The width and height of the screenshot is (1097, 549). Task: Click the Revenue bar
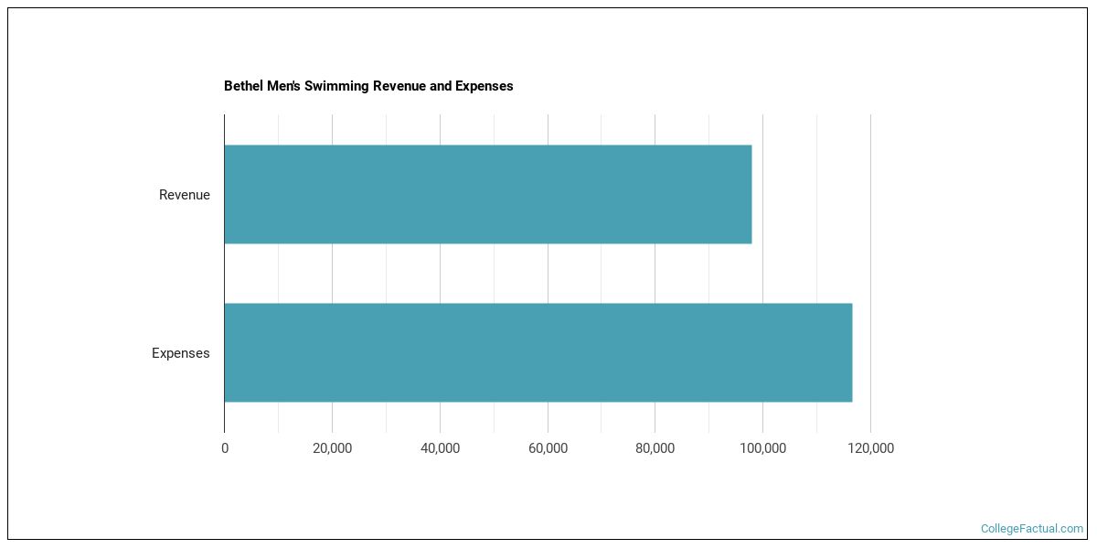click(487, 194)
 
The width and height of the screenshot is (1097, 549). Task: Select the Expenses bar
click(538, 352)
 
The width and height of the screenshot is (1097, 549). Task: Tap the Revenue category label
click(184, 195)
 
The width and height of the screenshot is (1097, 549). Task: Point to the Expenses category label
click(180, 353)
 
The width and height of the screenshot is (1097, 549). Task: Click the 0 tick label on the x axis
click(225, 448)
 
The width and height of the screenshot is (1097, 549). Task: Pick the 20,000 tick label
click(332, 448)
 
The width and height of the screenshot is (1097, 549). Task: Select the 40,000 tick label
click(440, 448)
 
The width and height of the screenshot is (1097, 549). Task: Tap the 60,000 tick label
click(548, 448)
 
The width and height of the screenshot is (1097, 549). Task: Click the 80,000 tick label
click(655, 448)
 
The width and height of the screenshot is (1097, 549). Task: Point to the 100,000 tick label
click(762, 448)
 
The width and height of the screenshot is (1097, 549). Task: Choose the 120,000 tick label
click(870, 448)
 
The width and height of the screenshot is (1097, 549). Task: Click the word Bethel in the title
click(241, 86)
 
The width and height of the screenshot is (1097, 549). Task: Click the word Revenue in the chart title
click(399, 86)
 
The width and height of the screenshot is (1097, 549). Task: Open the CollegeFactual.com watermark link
click(1031, 529)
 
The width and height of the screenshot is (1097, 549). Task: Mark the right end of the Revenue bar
click(750, 194)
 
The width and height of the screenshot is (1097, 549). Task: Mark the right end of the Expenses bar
click(850, 352)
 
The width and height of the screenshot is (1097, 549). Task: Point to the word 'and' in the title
click(442, 86)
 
